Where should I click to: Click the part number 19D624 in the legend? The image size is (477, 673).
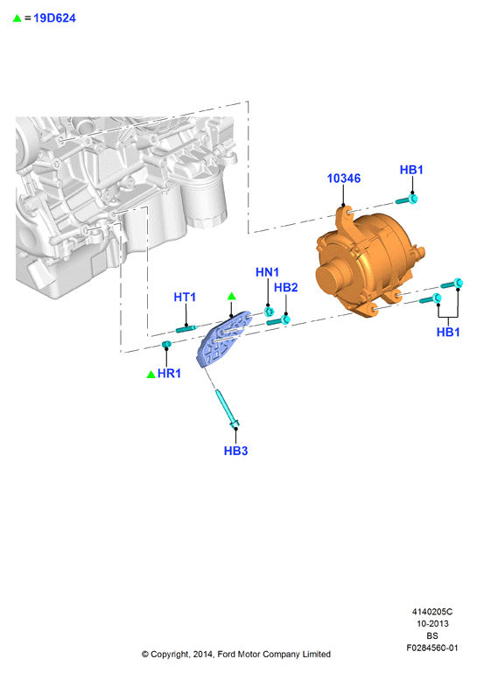[x=54, y=18]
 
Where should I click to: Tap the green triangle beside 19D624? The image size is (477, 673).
[x=18, y=18]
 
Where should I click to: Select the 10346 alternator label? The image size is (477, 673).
[x=343, y=179]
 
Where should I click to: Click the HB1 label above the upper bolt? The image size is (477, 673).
[x=411, y=170]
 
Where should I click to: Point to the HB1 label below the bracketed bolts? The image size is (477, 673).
[x=448, y=332]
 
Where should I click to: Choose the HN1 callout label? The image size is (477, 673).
[x=267, y=272]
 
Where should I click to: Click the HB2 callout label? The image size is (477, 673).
[x=285, y=287]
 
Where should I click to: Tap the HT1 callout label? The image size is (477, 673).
[x=185, y=297]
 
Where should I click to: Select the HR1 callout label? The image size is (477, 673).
[x=169, y=374]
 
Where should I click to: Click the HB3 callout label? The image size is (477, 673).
[x=235, y=451]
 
